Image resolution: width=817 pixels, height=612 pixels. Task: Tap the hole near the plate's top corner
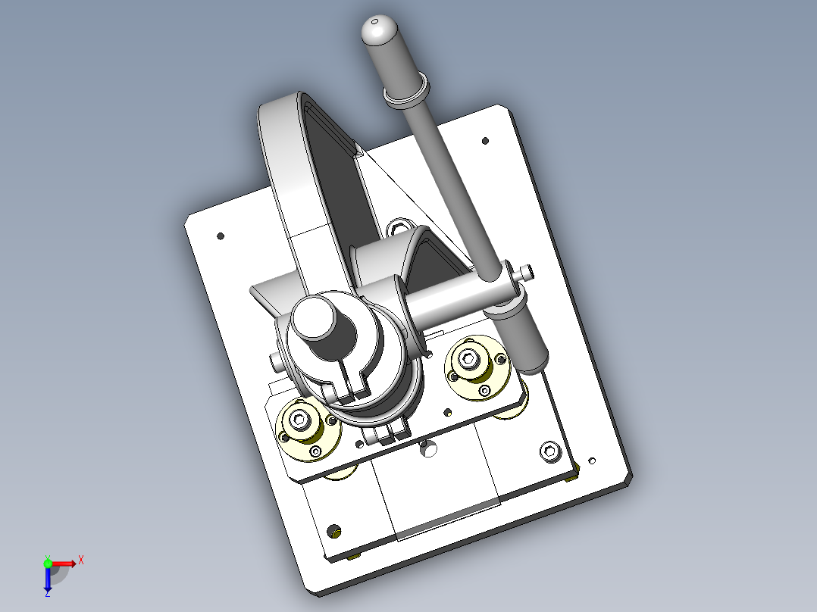(x=485, y=141)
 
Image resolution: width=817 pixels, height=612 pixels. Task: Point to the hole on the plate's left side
(x=221, y=236)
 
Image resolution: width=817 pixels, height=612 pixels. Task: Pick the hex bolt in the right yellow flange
(x=468, y=358)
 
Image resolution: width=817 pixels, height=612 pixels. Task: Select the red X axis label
(x=81, y=561)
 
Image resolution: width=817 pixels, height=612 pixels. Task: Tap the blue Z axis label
(x=48, y=593)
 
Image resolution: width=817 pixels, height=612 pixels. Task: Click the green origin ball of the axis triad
(x=48, y=564)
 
